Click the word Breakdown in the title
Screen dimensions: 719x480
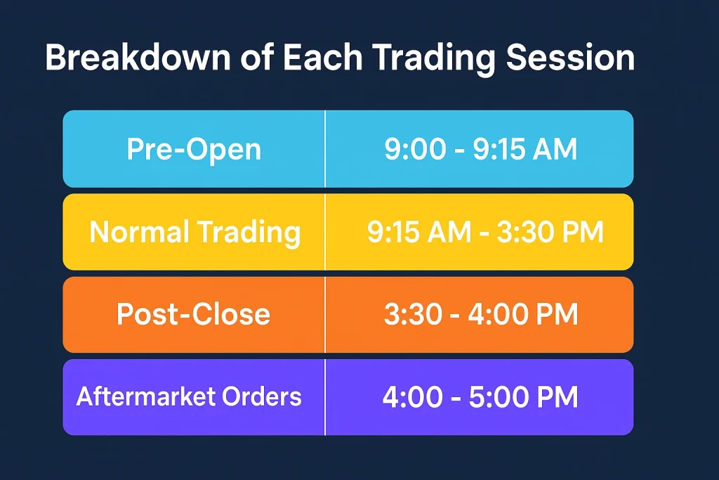click(x=138, y=58)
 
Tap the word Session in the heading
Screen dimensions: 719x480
click(x=570, y=58)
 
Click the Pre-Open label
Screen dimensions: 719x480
click(x=194, y=150)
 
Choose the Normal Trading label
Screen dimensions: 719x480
click(x=195, y=232)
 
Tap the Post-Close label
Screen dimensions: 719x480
click(x=194, y=314)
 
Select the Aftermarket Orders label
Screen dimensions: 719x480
click(x=189, y=396)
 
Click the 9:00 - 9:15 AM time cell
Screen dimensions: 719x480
click(x=480, y=149)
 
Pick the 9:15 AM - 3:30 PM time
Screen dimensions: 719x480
click(x=485, y=232)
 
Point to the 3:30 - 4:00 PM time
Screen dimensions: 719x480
click(x=481, y=314)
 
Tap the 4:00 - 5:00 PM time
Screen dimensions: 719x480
click(x=480, y=397)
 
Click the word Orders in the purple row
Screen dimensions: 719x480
click(x=262, y=396)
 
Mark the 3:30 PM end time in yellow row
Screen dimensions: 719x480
click(x=550, y=232)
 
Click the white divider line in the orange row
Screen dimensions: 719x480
click(x=325, y=315)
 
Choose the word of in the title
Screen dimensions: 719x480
click(x=257, y=58)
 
